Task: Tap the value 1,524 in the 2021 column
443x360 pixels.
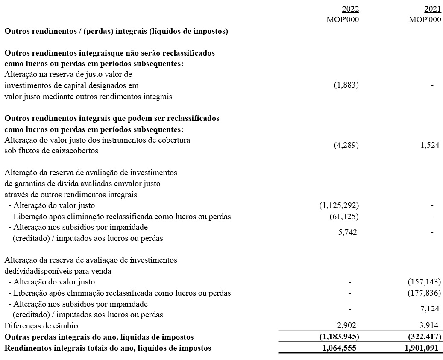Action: point(430,145)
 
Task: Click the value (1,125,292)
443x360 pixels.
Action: point(339,205)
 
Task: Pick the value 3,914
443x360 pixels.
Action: point(431,326)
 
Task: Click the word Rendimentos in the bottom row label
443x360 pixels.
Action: point(26,348)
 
